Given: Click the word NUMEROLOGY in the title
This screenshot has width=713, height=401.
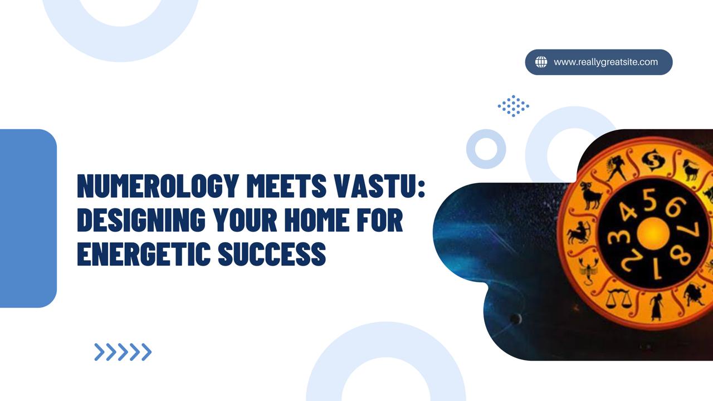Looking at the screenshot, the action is click(x=158, y=185).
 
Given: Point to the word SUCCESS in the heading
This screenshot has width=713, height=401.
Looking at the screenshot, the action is click(x=272, y=253).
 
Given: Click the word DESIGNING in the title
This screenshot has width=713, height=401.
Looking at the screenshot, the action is click(x=141, y=219).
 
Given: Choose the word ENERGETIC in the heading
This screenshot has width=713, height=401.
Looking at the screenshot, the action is click(x=144, y=253).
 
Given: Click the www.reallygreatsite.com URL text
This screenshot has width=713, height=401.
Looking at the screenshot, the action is click(x=605, y=62).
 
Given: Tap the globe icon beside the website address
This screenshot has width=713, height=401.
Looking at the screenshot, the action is click(x=541, y=62).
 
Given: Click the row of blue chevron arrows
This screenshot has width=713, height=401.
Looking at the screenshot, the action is click(x=123, y=352).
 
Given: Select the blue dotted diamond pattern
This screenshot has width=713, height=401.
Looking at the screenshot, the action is click(x=514, y=106).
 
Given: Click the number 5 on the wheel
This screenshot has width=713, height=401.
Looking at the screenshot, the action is click(x=649, y=200).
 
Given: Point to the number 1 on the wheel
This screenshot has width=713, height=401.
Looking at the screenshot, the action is click(x=655, y=271).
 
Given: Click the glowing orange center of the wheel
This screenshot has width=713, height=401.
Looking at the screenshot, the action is click(x=652, y=233).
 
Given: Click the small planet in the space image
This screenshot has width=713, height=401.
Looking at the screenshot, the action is click(x=515, y=318).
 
